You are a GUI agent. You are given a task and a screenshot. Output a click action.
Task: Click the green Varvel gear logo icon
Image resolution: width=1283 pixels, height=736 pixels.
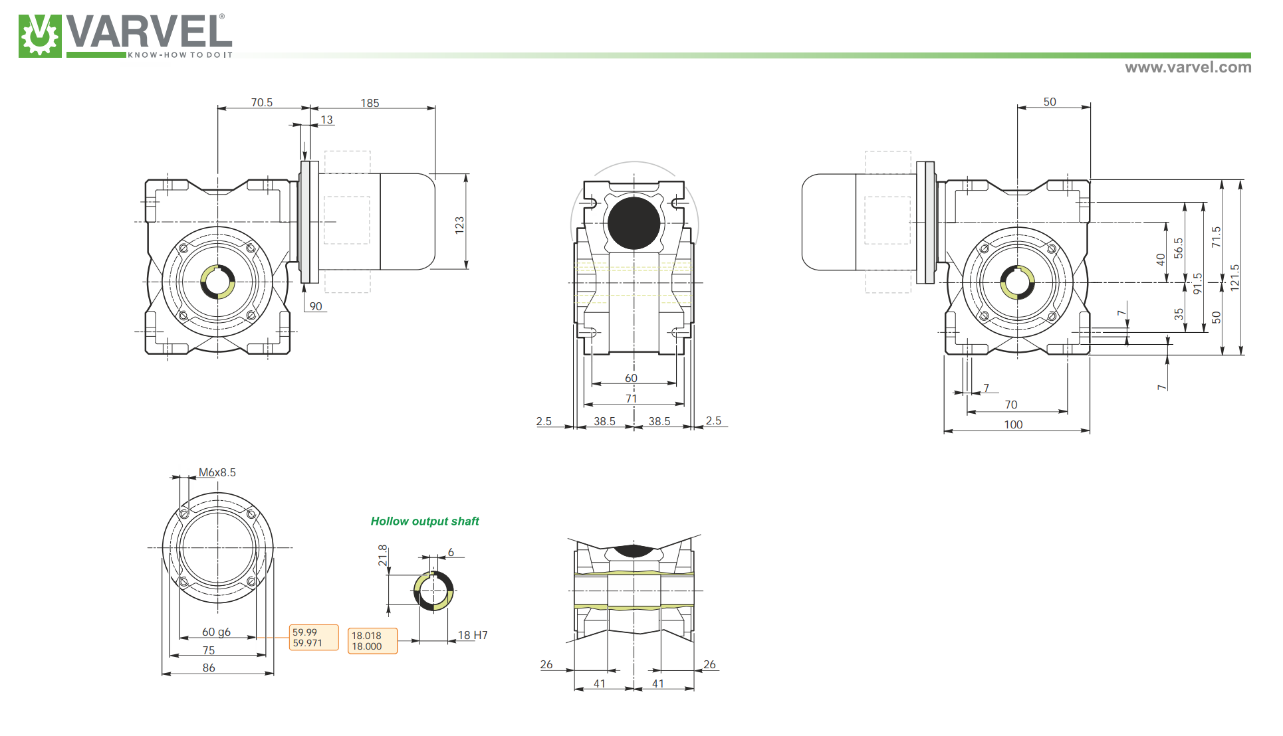tap(39, 36)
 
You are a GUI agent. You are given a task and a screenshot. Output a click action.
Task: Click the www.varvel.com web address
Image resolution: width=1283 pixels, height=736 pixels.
tap(1187, 67)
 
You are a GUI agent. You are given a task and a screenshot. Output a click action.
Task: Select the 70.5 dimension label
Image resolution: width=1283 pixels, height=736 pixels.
tap(261, 102)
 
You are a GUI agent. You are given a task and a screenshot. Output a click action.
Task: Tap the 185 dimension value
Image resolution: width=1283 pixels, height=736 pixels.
tap(370, 103)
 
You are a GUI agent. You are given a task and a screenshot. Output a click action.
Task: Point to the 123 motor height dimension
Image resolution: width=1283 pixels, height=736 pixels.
tap(459, 225)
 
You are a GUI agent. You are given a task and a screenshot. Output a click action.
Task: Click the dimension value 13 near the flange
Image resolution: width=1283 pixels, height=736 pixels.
tap(326, 120)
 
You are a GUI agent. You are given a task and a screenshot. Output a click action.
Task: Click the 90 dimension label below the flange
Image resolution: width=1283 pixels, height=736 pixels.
tap(316, 306)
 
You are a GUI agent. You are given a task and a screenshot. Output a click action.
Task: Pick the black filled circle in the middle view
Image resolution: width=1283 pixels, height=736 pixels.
tap(634, 223)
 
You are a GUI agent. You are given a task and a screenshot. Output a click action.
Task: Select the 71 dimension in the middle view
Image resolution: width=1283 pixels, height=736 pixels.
tap(631, 399)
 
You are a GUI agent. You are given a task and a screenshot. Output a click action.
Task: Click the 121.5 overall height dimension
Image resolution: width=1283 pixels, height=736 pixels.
tap(1235, 277)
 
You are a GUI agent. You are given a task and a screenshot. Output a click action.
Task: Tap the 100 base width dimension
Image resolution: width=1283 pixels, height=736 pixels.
tap(1013, 424)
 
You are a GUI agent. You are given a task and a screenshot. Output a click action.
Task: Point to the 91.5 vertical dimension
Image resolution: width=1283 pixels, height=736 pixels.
tap(1198, 284)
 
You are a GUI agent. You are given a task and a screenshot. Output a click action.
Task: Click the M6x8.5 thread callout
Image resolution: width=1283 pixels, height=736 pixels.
tap(217, 472)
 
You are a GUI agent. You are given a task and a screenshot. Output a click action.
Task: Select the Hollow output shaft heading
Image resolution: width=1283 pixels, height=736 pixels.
tap(425, 521)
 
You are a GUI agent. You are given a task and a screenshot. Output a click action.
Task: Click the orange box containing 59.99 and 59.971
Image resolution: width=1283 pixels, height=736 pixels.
tap(314, 638)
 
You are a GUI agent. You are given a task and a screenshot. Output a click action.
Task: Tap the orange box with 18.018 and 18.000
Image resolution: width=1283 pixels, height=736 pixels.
tap(372, 641)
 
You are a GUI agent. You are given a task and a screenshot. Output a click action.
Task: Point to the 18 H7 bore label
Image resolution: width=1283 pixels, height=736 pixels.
tap(473, 635)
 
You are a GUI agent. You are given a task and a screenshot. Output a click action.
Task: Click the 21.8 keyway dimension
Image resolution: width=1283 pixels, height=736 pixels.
tap(382, 555)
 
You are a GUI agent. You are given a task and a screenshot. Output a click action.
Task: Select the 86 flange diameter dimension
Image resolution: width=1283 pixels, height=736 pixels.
tap(209, 668)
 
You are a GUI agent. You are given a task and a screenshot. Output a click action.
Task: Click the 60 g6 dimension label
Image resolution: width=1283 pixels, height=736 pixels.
tap(216, 632)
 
